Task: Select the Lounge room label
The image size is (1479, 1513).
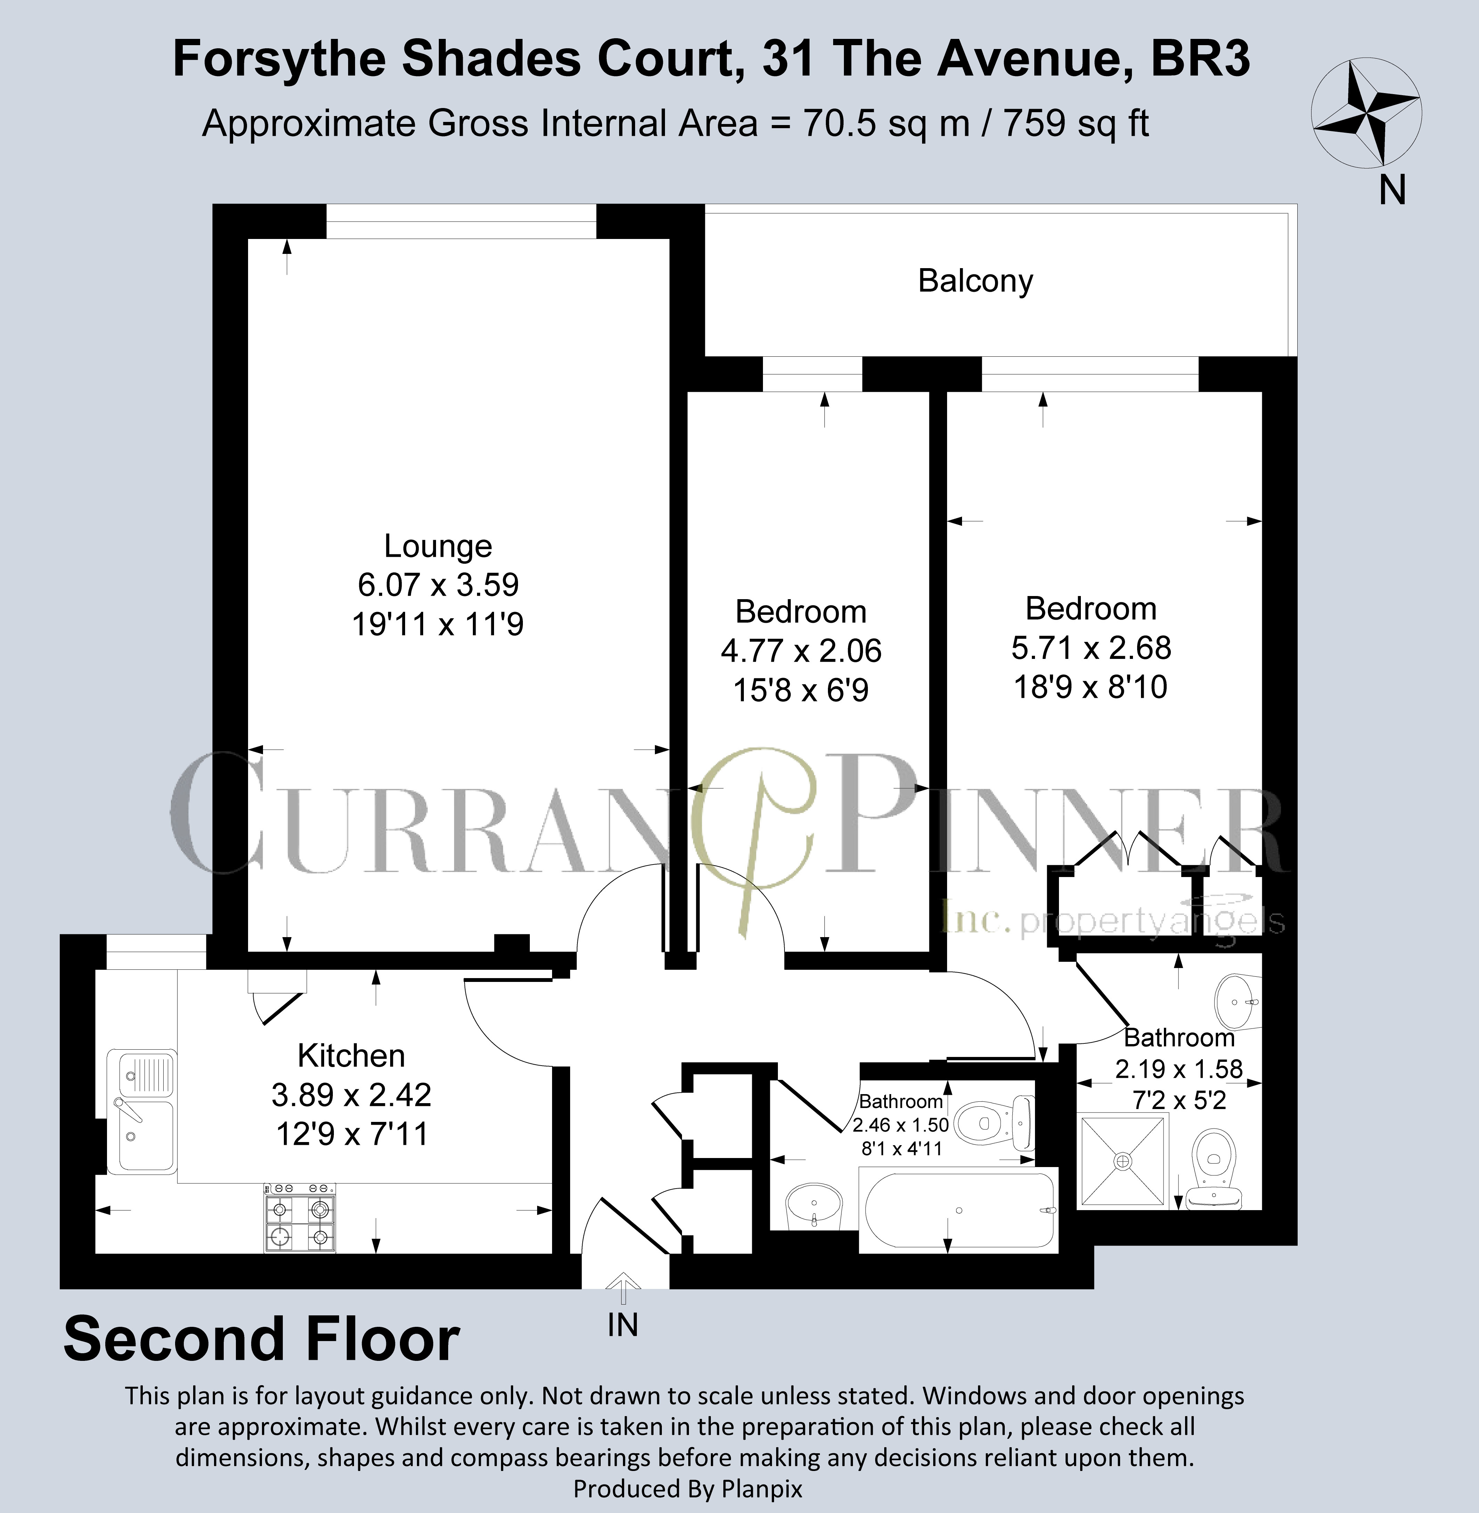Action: (x=438, y=546)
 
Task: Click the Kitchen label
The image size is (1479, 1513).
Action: (x=351, y=1056)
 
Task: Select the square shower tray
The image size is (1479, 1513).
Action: (x=1123, y=1161)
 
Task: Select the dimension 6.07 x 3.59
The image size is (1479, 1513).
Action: (x=438, y=585)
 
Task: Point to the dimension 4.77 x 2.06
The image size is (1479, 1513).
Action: (x=801, y=651)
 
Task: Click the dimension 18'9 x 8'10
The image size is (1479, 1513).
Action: (x=1091, y=687)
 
